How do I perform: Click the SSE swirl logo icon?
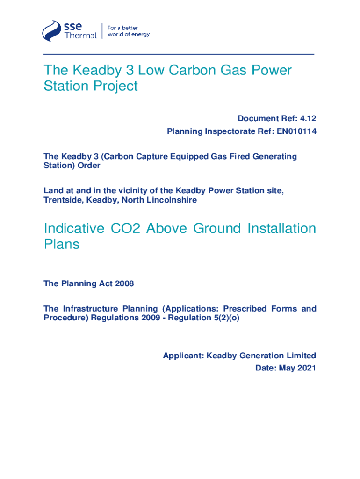tap(52, 31)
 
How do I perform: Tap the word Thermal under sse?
tap(80, 36)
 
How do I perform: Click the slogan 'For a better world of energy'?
tap(129, 31)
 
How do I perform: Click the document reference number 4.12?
tap(307, 118)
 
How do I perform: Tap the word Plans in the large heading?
tap(62, 245)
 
